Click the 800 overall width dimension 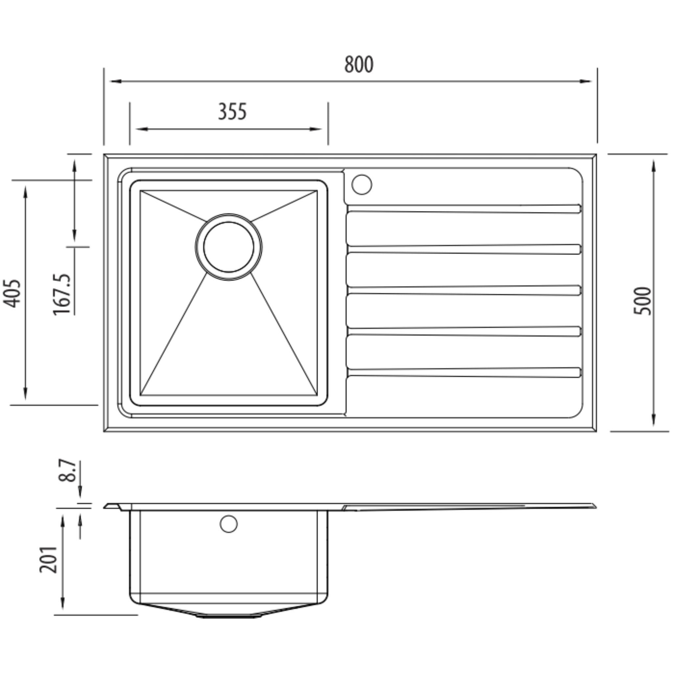pos(359,64)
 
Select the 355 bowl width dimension pos(232,112)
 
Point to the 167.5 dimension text pos(62,295)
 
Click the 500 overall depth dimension pos(642,301)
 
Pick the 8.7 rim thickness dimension pos(67,471)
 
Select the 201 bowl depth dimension pos(48,559)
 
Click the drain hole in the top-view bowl pos(228,247)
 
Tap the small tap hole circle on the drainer pos(361,185)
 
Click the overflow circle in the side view pos(228,524)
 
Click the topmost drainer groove pos(463,209)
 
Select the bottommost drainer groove pos(463,372)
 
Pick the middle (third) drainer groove pos(463,290)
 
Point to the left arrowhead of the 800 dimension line pos(115,81)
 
